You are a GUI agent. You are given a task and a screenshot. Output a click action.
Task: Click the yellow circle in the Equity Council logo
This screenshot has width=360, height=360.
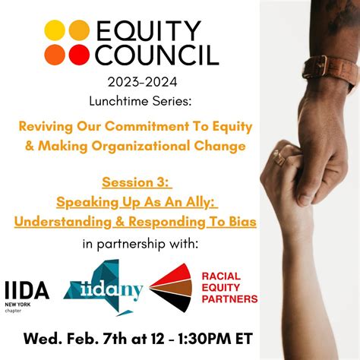click(55, 30)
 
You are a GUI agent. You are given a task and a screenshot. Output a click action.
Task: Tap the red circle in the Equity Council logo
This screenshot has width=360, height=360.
click(79, 54)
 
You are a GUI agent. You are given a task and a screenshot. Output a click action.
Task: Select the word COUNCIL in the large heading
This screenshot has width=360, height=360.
click(157, 55)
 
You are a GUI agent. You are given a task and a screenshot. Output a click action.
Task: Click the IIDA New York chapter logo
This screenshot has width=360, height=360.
click(27, 292)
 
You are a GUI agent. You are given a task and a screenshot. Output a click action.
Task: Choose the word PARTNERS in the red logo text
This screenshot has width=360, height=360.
click(229, 298)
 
